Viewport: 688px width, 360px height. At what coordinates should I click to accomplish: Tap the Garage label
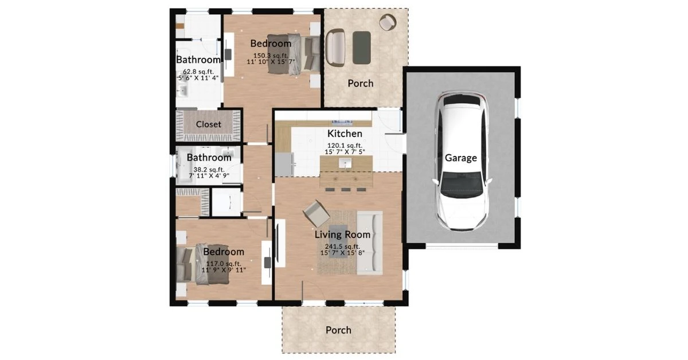(x=461, y=158)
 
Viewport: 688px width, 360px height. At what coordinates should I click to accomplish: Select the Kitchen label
(x=345, y=134)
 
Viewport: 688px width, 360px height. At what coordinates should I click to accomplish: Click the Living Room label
(x=342, y=234)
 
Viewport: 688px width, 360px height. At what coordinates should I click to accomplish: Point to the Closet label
(x=209, y=124)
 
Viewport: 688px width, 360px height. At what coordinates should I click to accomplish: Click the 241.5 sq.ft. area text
(x=342, y=246)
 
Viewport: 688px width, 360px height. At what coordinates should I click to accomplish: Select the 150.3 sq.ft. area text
(x=270, y=55)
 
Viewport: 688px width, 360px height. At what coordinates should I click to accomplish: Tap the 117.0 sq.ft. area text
(x=223, y=264)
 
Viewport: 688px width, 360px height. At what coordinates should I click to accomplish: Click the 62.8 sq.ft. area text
(x=198, y=72)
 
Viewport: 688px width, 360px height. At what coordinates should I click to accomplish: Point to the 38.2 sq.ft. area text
(x=208, y=170)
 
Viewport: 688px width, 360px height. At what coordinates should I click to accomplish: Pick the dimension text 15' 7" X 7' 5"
(x=345, y=151)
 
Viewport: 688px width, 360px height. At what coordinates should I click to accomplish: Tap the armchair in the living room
(x=316, y=214)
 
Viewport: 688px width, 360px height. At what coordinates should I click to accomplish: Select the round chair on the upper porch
(x=388, y=22)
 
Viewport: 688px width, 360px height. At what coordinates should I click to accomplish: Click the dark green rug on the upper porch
(x=362, y=48)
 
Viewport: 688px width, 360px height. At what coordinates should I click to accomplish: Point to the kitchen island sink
(x=345, y=164)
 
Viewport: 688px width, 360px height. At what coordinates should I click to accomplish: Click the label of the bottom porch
(x=338, y=330)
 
